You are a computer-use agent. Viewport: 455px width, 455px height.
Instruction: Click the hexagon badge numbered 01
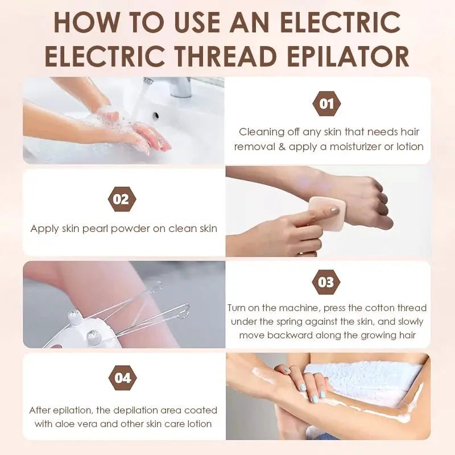(x=326, y=104)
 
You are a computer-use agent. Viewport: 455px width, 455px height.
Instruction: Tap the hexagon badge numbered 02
(x=122, y=200)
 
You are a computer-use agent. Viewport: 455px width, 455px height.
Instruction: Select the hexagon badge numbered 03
(x=326, y=282)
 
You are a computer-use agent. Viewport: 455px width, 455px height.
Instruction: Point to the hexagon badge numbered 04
(x=122, y=378)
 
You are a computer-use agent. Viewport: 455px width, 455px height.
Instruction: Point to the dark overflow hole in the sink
(x=156, y=115)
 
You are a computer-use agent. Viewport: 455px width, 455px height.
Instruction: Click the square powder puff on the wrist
(x=327, y=214)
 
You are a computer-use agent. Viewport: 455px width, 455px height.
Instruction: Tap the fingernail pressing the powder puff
(x=335, y=210)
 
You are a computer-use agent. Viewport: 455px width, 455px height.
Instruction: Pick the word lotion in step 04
(x=200, y=424)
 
